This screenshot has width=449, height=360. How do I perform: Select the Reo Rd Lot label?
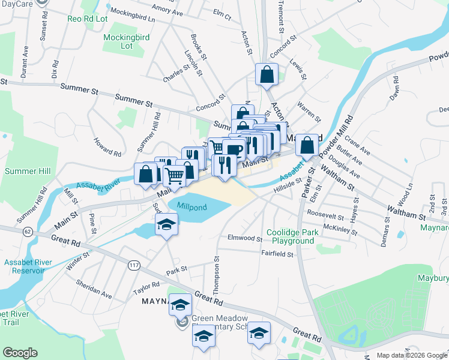(88, 19)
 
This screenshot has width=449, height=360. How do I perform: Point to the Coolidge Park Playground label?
(291, 236)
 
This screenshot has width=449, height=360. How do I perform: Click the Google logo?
(20, 353)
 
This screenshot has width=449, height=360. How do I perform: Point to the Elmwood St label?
(245, 238)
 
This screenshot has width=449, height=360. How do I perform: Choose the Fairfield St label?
(277, 254)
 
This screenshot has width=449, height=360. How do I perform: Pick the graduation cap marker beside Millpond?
(167, 226)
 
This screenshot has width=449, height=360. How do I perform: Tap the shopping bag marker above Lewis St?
(267, 74)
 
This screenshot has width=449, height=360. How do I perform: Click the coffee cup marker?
(235, 150)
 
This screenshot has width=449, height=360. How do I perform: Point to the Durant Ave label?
(25, 60)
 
